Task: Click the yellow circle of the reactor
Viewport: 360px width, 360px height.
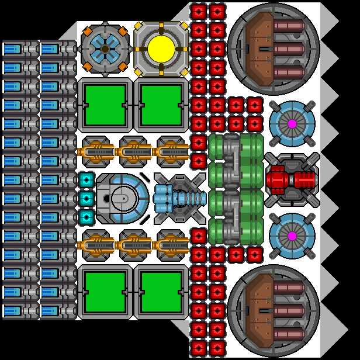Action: pos(161,49)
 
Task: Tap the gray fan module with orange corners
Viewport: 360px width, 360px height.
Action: pos(105,49)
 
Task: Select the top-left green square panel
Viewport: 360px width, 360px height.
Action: pos(105,105)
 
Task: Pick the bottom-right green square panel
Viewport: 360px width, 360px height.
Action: pos(161,292)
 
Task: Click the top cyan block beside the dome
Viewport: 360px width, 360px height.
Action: pos(86,180)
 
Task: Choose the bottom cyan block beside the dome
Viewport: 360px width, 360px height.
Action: pos(86,217)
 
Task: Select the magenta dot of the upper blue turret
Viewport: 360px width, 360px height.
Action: pos(292,124)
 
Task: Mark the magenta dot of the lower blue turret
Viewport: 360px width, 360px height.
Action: pos(292,236)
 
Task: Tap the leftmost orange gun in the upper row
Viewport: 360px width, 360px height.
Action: pos(97,152)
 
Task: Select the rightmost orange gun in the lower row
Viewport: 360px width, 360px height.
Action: pos(172,245)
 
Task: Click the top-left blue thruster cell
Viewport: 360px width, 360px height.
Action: pos(13,49)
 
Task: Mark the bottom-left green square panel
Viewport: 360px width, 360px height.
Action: pos(105,292)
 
